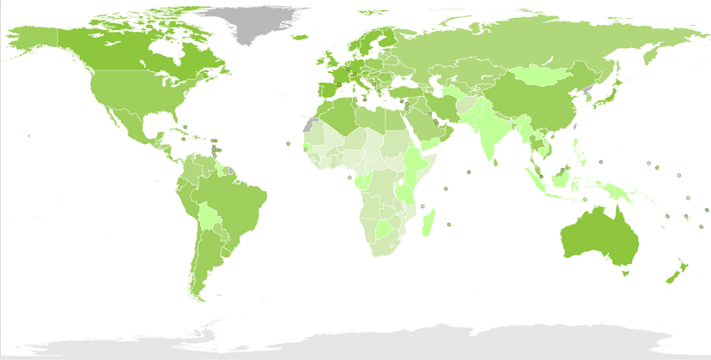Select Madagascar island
429,219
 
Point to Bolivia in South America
210,217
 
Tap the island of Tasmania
624,274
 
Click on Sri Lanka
491,162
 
